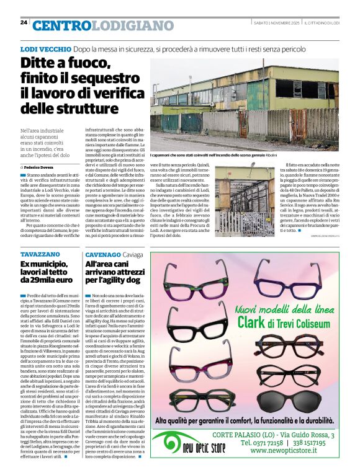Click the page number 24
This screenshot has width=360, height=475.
point(24,22)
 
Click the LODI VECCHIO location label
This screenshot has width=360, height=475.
point(46,48)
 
